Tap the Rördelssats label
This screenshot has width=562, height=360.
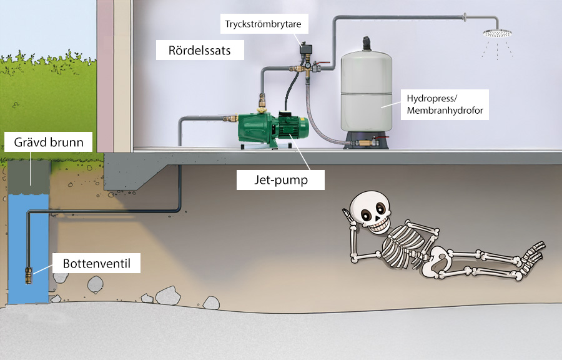(x=200, y=51)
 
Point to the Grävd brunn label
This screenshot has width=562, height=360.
(x=49, y=142)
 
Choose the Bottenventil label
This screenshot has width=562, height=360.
(x=97, y=263)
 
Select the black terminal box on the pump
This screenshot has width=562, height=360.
(x=287, y=117)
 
